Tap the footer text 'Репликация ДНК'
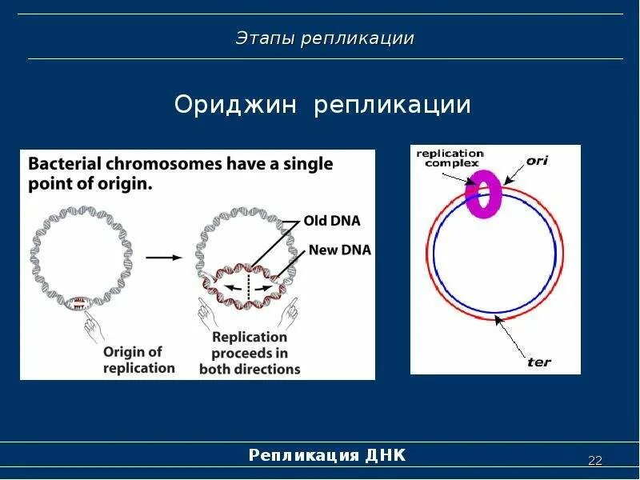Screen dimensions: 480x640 (x=327, y=455)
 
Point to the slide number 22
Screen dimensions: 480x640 (x=594, y=460)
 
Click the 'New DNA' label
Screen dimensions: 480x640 (x=339, y=250)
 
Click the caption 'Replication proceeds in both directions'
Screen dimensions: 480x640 (x=249, y=353)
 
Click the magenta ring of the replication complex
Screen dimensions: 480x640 (x=483, y=194)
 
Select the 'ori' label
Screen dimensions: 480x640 (x=538, y=160)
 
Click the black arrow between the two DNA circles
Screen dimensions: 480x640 (x=163, y=257)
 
